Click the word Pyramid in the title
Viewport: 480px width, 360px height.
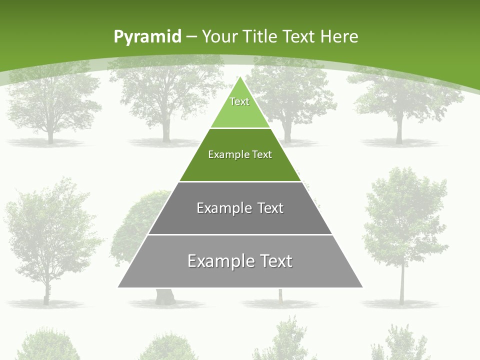click(x=147, y=37)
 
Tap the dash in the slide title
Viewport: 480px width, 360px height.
click(x=191, y=37)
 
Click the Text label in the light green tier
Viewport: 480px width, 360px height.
click(x=239, y=101)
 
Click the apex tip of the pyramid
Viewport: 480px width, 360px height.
click(x=240, y=77)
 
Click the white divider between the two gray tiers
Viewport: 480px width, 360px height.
click(x=240, y=234)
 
